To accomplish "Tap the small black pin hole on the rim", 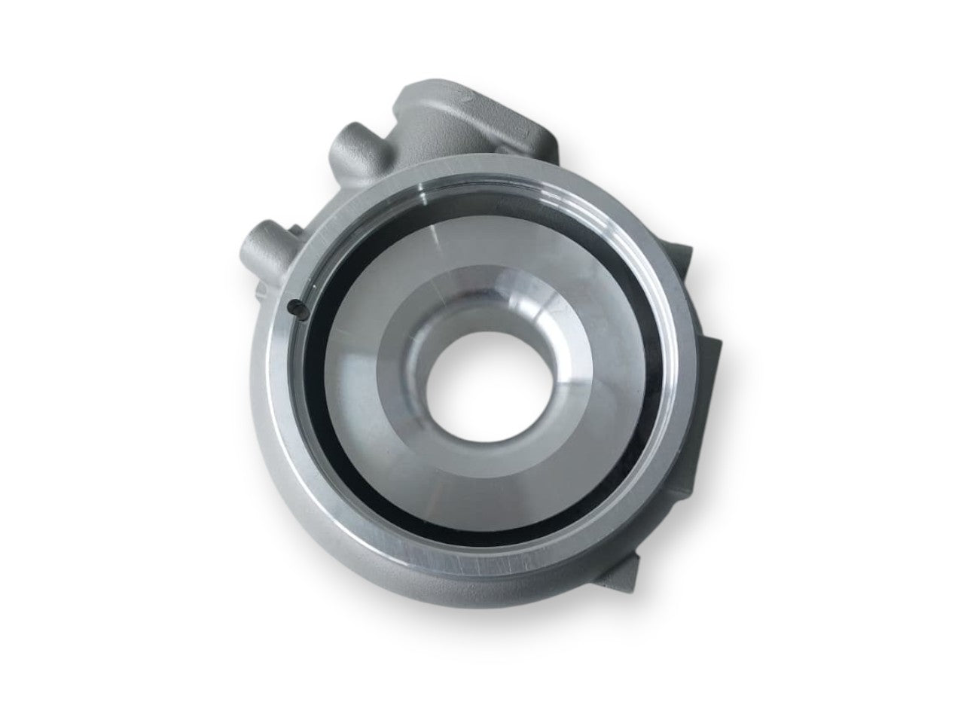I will [x=294, y=306].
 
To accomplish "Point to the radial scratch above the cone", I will [x=452, y=226].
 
